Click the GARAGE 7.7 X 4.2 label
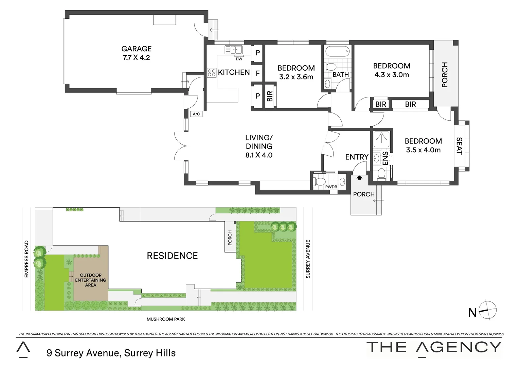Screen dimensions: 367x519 (136, 53)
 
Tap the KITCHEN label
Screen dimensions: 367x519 (234, 72)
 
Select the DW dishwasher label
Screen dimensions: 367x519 (239, 59)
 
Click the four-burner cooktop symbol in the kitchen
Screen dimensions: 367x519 (212, 72)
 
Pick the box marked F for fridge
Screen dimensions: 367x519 (257, 73)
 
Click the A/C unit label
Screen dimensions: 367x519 (196, 114)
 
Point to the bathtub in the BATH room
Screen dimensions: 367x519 (337, 52)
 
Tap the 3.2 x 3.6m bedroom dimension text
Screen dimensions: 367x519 (296, 77)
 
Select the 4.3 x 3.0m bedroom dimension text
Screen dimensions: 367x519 (392, 75)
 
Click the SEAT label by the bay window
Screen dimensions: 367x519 (459, 146)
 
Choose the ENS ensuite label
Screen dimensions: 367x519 (386, 158)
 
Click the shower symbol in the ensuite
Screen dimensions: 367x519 (380, 139)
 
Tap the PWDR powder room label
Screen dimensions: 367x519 (331, 187)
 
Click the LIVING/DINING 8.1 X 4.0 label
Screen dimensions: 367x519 (259, 146)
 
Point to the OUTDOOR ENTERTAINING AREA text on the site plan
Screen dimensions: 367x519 (90, 280)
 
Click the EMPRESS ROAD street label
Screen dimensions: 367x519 (26, 259)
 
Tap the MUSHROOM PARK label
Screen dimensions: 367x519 (166, 319)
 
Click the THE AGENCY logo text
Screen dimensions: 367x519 (434, 347)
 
